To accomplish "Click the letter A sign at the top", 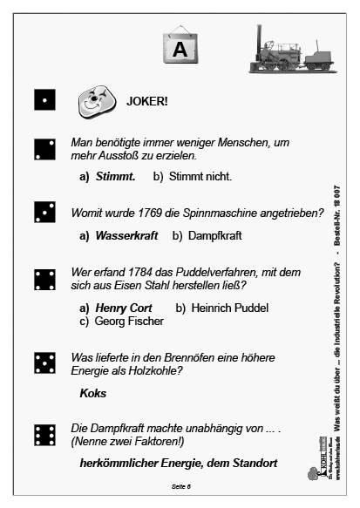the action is point(180,48).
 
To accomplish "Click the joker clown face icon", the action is point(92,101).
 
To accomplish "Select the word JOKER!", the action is point(147,100).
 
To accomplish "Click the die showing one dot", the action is point(44,100).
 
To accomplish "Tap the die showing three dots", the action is point(44,212).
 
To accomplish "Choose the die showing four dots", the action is point(44,279).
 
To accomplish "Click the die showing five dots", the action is point(44,363).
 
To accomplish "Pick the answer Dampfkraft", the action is point(214,235).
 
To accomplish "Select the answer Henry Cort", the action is point(124,308).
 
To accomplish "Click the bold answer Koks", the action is point(92,393).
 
